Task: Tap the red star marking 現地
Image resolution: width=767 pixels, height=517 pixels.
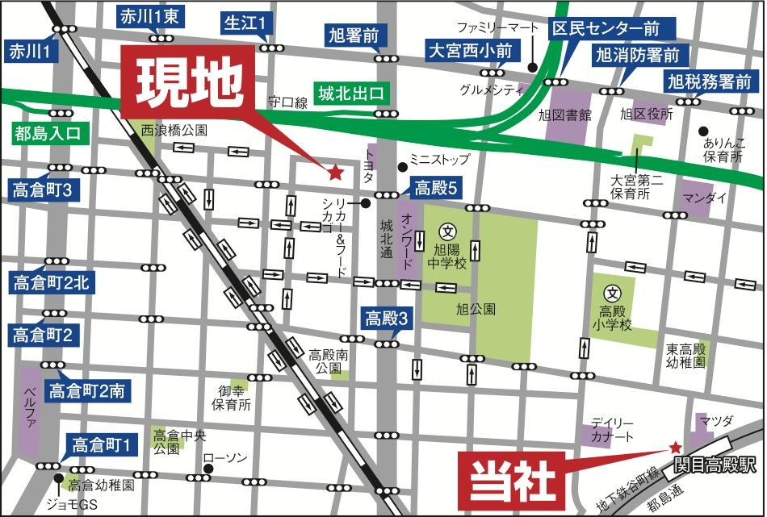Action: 334,171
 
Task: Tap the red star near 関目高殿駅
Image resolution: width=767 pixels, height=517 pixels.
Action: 675,447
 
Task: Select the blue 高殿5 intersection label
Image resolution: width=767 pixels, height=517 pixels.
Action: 436,189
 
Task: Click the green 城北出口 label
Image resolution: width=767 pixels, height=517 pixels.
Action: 350,94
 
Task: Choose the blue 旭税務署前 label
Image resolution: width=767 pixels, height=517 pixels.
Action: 710,81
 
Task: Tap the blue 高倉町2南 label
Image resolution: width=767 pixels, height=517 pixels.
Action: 86,391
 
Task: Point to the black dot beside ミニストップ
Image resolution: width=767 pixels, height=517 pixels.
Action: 402,167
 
